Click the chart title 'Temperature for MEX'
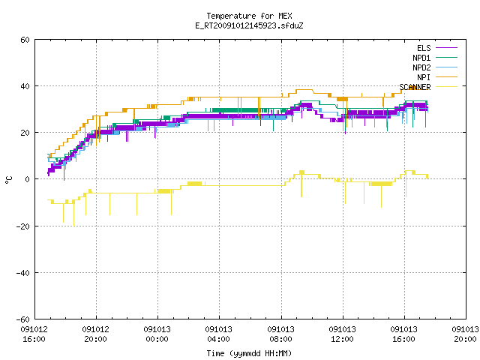click(249, 16)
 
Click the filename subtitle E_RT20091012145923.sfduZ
click(249, 25)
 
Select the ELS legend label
click(424, 48)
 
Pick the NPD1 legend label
click(421, 58)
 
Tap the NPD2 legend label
click(421, 67)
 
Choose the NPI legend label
click(424, 77)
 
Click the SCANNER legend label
click(415, 87)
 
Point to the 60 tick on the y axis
click(25, 40)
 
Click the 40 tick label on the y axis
click(25, 86)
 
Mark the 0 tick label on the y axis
click(28, 179)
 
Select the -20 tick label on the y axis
click(23, 226)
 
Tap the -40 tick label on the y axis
click(23, 273)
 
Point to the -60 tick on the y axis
click(23, 319)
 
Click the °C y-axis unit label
click(8, 180)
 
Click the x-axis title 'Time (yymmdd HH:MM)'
click(249, 353)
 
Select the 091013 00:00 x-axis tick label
click(157, 334)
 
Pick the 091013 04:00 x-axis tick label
click(219, 334)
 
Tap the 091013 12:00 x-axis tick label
click(342, 334)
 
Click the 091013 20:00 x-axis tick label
click(465, 334)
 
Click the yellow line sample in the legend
click(446, 87)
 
